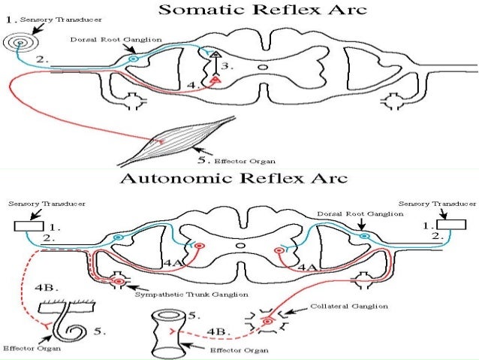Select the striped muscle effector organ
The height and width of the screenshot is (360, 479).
pyautogui.click(x=179, y=140)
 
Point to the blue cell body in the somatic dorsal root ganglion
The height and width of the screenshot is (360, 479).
pyautogui.click(x=133, y=57)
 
